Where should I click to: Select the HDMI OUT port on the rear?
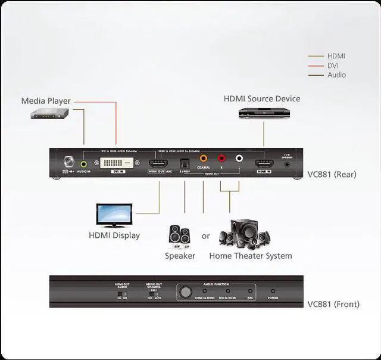click(x=159, y=164)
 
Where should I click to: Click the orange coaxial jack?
click(x=204, y=159)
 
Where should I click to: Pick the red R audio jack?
click(x=221, y=159)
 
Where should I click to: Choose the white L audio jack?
click(x=239, y=159)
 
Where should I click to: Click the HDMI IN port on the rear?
click(x=263, y=163)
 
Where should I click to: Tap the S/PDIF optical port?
click(x=185, y=164)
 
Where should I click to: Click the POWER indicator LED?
click(x=273, y=291)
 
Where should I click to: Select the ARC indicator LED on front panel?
click(x=250, y=291)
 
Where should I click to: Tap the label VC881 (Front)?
click(x=333, y=304)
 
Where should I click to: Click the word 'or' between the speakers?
click(x=205, y=236)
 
